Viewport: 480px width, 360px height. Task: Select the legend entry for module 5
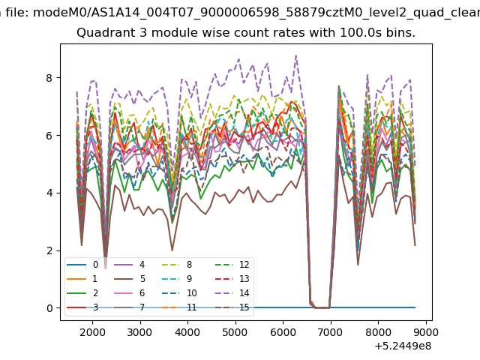[130, 279]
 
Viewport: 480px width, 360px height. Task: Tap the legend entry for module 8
[177, 265]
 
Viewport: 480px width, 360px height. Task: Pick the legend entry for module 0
[82, 265]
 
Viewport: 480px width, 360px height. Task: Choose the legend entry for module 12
[232, 265]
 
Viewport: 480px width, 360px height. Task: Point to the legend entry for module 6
[130, 293]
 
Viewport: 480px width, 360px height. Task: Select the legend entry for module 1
[82, 279]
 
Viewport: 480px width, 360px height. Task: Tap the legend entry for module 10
[179, 293]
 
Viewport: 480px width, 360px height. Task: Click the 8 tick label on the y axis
[49, 78]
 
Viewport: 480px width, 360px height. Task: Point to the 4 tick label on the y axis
[49, 193]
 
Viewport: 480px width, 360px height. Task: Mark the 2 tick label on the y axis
[49, 250]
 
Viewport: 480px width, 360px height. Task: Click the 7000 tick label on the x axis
[330, 332]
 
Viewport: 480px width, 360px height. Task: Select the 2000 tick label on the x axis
[92, 332]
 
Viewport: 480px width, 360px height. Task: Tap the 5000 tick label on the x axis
[235, 332]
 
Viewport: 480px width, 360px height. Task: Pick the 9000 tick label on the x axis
[425, 332]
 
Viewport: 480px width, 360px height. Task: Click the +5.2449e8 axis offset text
[403, 346]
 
